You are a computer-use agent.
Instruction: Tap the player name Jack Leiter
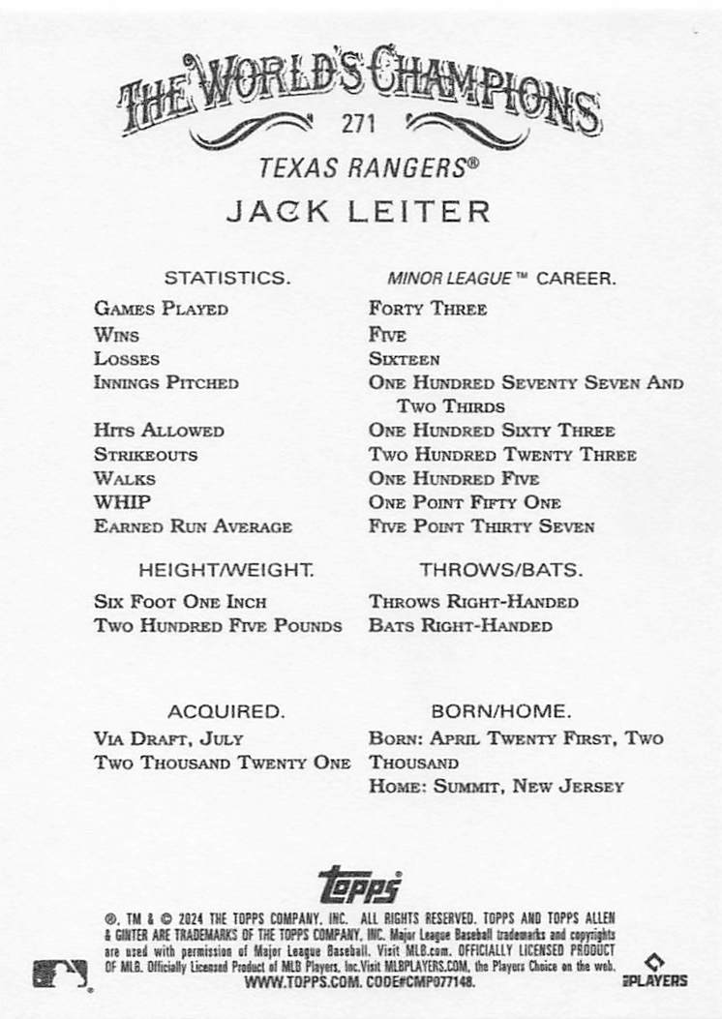coord(358,211)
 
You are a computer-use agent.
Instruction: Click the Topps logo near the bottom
coord(359,884)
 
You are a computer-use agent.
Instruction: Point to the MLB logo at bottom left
coord(61,973)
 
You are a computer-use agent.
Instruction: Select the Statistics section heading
coord(226,278)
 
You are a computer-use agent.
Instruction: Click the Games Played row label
coord(161,310)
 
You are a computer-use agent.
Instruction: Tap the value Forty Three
coord(427,310)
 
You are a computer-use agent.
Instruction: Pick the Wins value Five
coord(387,335)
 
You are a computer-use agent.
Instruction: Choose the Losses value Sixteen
coord(404,359)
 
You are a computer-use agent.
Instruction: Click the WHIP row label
coord(122,502)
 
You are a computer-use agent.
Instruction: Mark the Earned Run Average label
coord(193,526)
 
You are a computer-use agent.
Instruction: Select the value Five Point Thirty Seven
coord(481,526)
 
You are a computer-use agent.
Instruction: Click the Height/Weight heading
coord(226,570)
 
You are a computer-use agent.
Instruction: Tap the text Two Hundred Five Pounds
coord(218,625)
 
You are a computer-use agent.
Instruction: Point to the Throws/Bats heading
coord(500,570)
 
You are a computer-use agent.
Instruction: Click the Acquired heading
coord(226,711)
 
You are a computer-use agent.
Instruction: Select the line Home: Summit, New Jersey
coord(496,787)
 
